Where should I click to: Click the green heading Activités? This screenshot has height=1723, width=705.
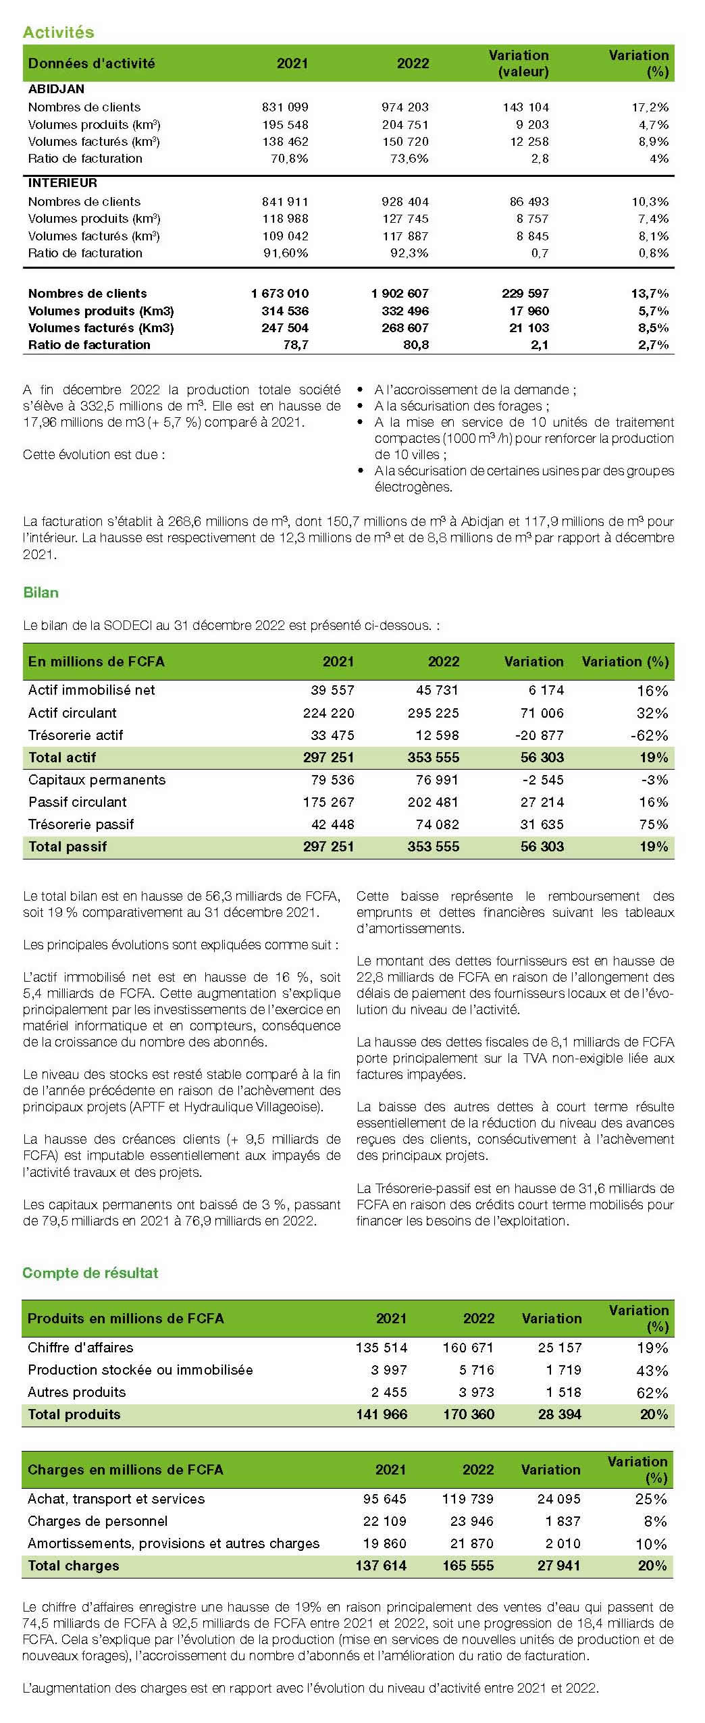[58, 32]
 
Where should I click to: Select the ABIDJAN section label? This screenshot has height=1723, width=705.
[56, 89]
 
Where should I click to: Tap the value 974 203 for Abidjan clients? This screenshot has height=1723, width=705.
[405, 107]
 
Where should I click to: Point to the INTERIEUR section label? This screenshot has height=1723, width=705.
[62, 183]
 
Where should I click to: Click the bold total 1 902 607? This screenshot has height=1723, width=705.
[400, 294]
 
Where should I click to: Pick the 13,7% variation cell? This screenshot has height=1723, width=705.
[649, 294]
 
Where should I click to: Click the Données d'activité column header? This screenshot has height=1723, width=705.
[91, 63]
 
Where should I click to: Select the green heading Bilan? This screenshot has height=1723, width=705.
[41, 592]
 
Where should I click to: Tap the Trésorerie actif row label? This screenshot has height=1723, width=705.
[76, 735]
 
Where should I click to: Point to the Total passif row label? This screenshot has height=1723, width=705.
[68, 847]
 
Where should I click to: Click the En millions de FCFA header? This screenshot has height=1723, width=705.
[96, 662]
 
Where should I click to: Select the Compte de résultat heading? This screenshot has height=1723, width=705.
[90, 1273]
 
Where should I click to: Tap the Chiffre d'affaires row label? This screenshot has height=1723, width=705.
[80, 1348]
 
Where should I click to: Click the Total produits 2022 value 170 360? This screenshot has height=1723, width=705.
[469, 1414]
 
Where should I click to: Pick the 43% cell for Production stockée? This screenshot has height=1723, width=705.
[652, 1371]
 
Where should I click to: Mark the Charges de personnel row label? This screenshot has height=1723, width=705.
[97, 1521]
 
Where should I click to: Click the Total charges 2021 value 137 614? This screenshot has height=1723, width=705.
[381, 1566]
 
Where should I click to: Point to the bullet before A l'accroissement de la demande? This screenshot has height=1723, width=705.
[361, 390]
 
